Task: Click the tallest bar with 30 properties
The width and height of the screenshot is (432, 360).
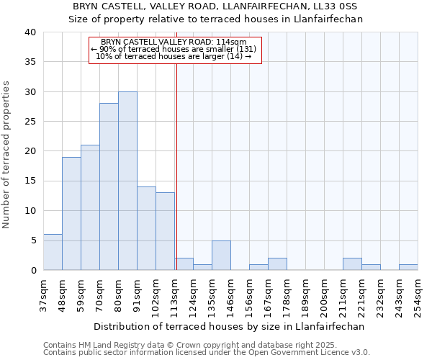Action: coord(127,181)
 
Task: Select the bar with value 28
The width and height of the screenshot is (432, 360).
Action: coord(109,186)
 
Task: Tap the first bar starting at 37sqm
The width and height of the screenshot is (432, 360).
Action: coord(53,252)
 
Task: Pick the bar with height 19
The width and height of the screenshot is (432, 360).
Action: coord(71,213)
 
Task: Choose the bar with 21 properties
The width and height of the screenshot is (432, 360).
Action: coord(90,207)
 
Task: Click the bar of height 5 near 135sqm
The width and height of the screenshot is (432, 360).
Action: coord(221,255)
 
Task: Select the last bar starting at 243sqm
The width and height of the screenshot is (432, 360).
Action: coord(408,267)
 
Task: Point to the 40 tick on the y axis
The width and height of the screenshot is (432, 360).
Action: coord(30,32)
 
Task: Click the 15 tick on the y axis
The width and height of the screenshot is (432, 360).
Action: coord(30,181)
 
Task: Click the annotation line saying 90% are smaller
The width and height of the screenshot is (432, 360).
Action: coord(174,49)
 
